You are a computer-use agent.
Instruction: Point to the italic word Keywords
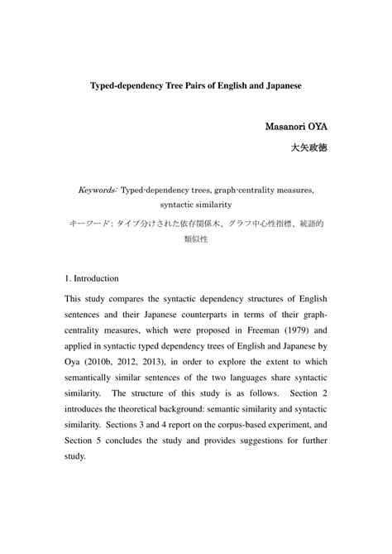[x=98, y=189]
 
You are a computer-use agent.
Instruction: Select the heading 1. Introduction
[x=92, y=278]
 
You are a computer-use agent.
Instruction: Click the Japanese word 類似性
[x=195, y=238]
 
